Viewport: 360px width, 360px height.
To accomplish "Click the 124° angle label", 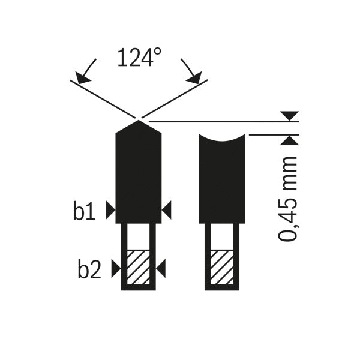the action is tap(139, 58).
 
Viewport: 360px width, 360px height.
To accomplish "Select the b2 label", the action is tap(89, 268).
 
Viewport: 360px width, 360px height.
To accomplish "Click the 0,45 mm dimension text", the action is tap(287, 199).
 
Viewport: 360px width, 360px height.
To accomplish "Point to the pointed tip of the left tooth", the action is tap(138, 121).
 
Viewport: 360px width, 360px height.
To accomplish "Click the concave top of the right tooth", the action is tap(222, 139).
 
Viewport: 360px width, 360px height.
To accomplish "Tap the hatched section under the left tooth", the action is tap(138, 268).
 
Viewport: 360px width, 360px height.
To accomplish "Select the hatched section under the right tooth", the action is tap(222, 268).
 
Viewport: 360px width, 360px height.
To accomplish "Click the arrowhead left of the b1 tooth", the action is tap(110, 210).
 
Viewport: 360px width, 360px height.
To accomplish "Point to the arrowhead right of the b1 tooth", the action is tap(166, 210).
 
